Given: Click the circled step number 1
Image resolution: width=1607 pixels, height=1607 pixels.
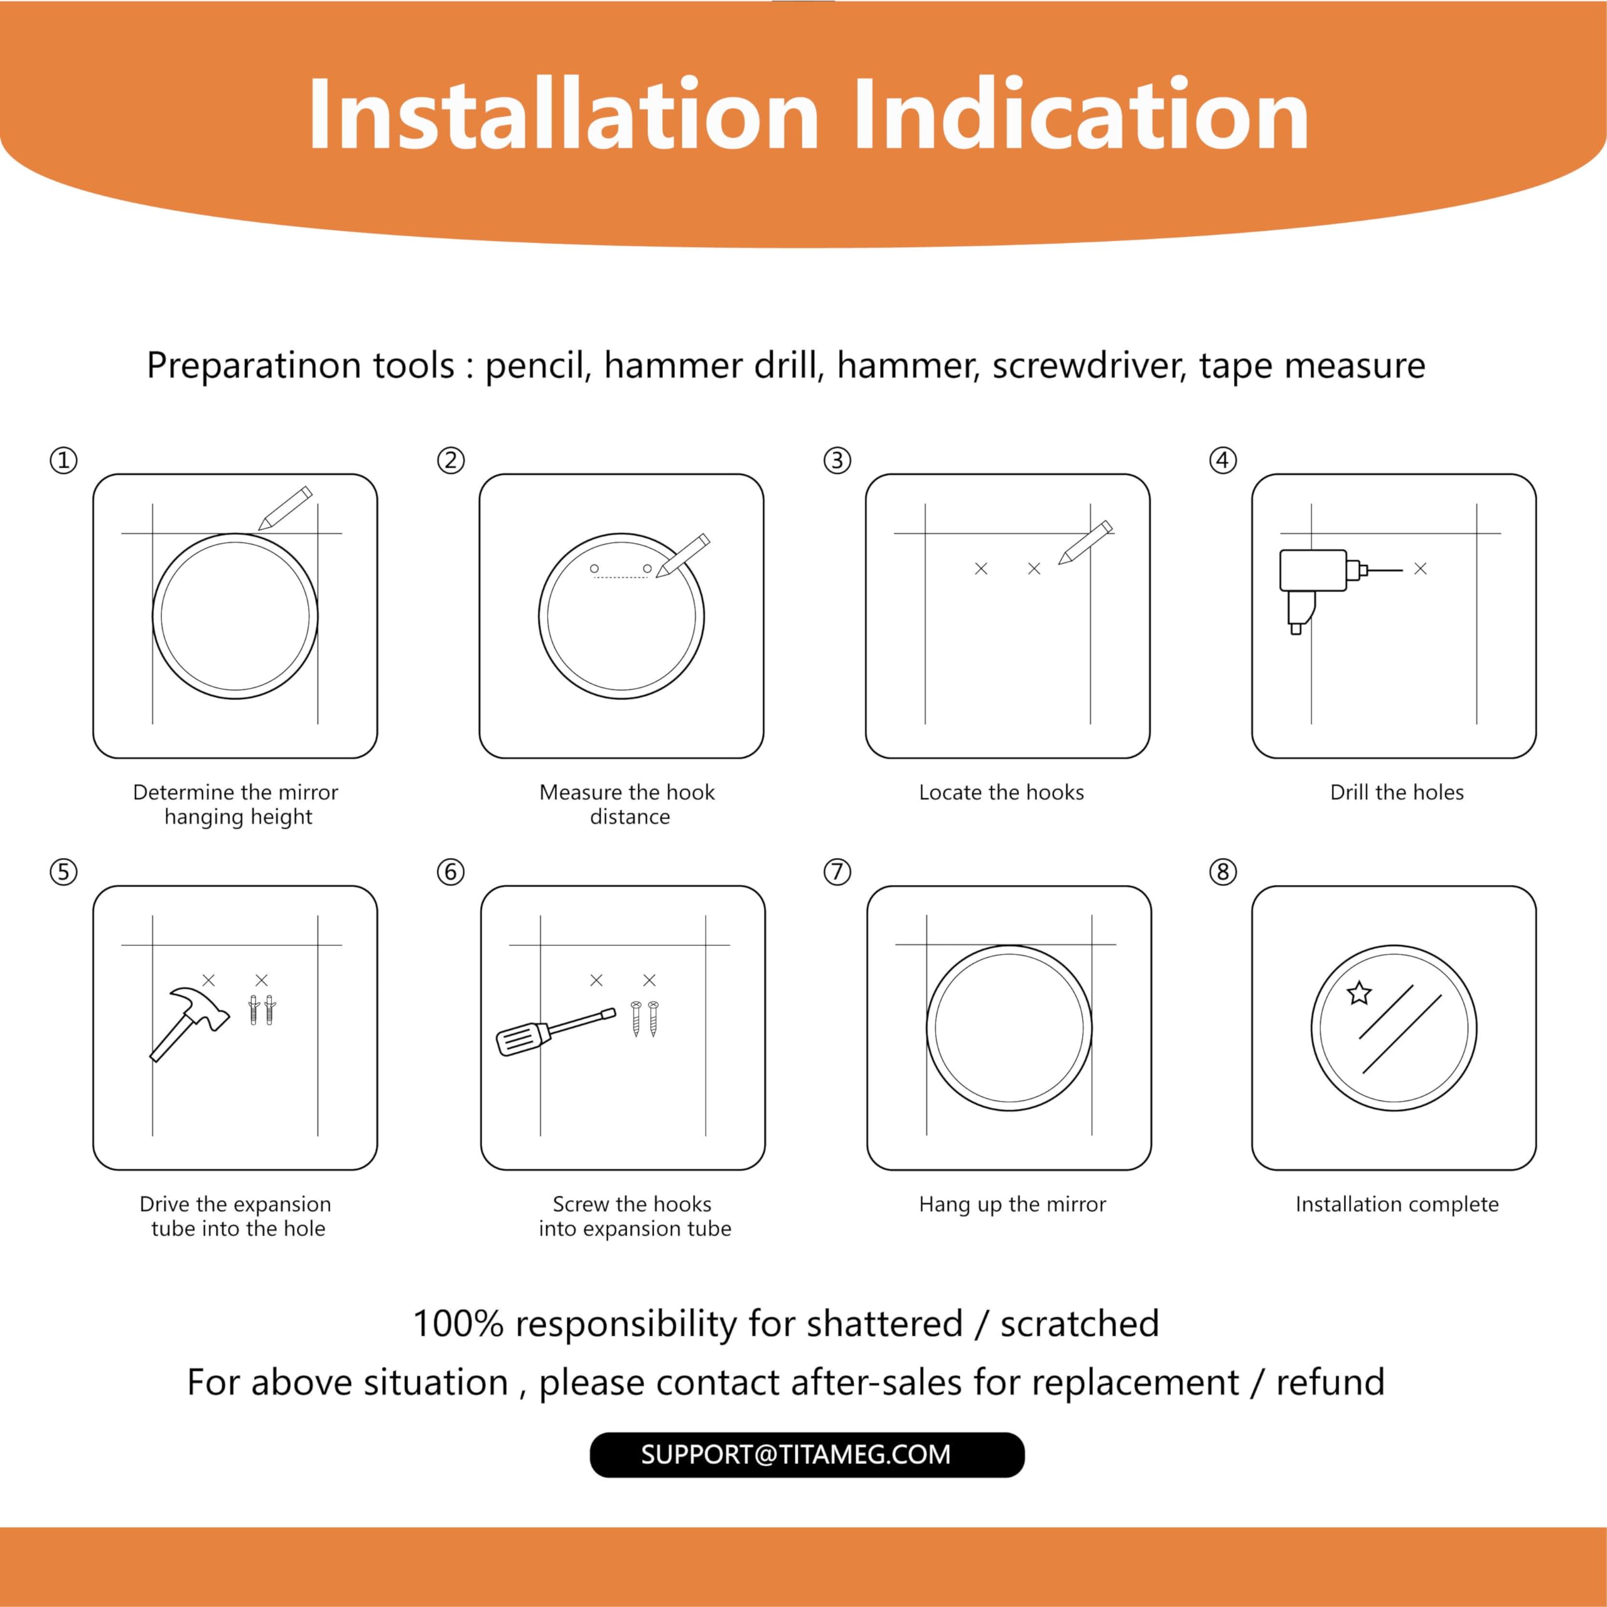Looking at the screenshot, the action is [x=64, y=460].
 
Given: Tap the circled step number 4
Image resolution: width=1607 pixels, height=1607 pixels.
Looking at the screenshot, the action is [x=1223, y=460].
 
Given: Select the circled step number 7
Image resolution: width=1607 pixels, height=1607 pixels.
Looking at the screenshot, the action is [x=837, y=872].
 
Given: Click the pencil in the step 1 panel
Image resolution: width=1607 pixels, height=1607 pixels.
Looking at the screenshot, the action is [x=285, y=508].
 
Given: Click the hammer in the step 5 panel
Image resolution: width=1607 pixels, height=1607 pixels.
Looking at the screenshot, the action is [x=189, y=1024].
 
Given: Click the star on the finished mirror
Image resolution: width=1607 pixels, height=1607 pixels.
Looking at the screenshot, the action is [x=1359, y=992].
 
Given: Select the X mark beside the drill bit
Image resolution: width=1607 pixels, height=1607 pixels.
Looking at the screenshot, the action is [x=1421, y=569].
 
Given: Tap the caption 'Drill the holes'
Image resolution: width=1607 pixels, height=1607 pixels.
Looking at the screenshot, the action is [x=1397, y=793].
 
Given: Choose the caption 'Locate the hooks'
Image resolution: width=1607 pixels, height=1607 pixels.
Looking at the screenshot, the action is [x=1001, y=793].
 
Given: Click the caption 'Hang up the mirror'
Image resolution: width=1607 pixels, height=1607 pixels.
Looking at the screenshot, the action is [x=1013, y=1205].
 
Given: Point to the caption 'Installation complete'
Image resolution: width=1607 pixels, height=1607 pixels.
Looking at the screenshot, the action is [x=1397, y=1205].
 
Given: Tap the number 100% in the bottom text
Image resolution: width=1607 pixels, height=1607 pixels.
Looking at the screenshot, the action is [x=458, y=1324].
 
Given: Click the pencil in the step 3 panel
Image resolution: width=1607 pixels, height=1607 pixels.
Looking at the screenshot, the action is [x=1085, y=542].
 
